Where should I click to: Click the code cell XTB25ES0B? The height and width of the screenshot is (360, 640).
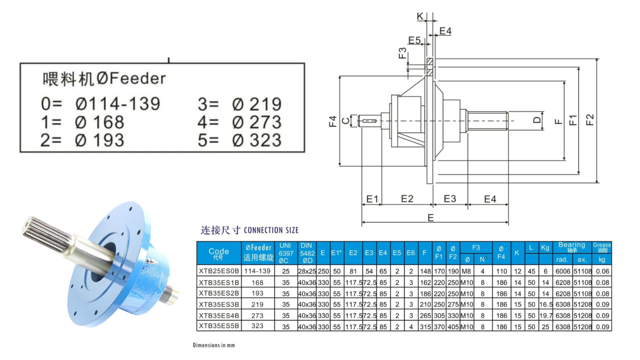tap(219, 271)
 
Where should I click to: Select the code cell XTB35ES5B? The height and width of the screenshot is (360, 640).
tap(219, 326)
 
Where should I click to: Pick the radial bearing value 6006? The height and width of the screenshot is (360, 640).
tap(563, 271)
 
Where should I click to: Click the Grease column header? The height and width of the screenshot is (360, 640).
tap(602, 247)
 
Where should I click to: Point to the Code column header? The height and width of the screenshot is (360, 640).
tap(219, 253)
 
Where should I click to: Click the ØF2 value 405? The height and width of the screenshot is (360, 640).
tap(453, 327)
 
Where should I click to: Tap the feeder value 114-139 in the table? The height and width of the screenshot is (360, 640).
tap(257, 271)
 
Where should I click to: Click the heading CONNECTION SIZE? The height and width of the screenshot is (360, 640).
tap(271, 230)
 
